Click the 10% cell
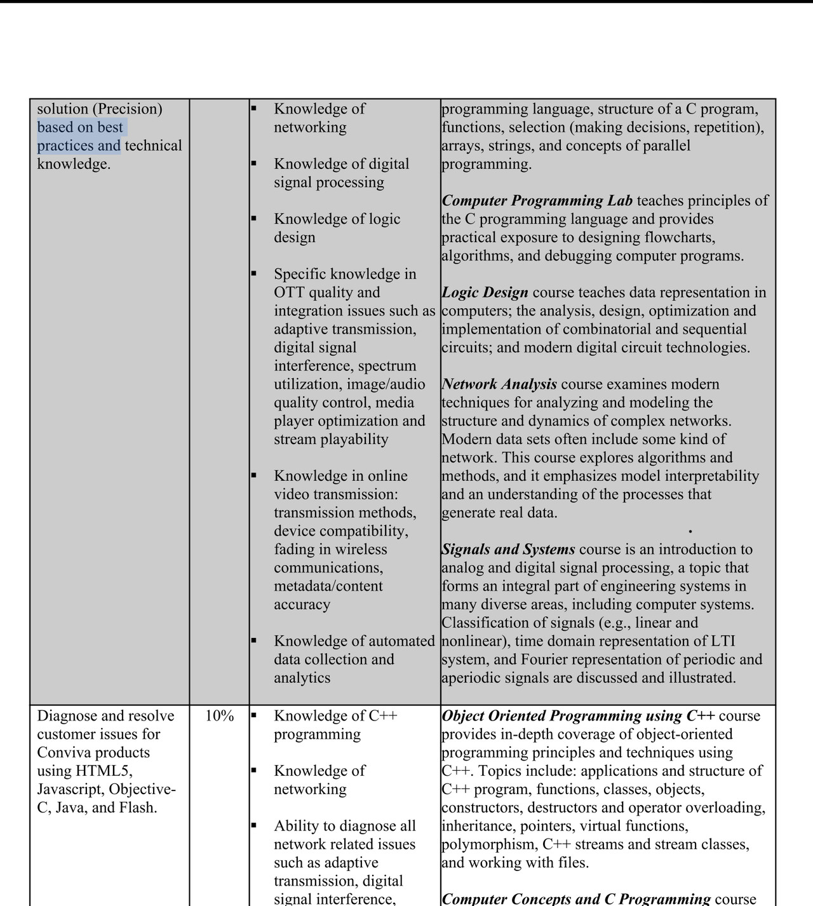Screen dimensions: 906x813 coord(219,716)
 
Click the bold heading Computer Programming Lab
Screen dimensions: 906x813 coord(537,201)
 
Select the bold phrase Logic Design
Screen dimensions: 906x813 coord(485,293)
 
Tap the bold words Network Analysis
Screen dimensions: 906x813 coord(500,384)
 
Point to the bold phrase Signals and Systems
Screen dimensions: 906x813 coord(509,550)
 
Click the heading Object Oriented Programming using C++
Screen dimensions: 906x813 coord(578,716)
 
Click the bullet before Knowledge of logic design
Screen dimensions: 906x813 coord(253,218)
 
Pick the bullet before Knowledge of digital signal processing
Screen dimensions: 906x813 coord(253,163)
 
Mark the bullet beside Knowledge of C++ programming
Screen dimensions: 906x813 coord(253,715)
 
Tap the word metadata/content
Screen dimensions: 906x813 coord(328,586)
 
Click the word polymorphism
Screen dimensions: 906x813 coord(488,845)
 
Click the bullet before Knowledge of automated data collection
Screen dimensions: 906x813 coord(253,640)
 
